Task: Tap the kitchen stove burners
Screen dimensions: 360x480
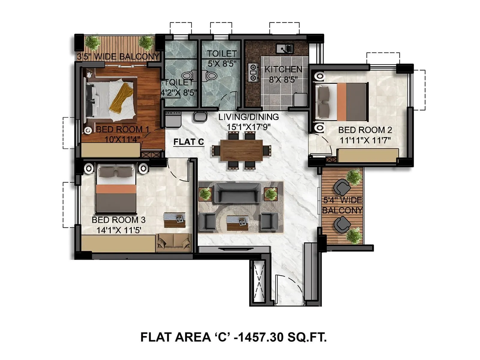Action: [x=253, y=72]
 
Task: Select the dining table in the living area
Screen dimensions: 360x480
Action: [x=241, y=150]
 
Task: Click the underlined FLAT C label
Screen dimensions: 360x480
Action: [x=189, y=142]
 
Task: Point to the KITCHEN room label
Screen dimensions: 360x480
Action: [x=283, y=69]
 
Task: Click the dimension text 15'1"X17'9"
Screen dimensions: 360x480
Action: [x=248, y=127]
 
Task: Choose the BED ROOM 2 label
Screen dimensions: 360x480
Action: [x=365, y=130]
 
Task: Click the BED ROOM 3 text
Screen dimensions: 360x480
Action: [x=118, y=220]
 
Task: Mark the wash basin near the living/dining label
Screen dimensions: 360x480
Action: [x=200, y=116]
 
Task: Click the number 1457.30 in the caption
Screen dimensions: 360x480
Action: [x=260, y=337]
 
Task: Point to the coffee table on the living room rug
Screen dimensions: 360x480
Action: [x=237, y=222]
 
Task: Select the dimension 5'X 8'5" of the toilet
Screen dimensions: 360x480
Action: [x=222, y=64]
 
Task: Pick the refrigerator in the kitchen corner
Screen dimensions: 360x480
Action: [x=300, y=100]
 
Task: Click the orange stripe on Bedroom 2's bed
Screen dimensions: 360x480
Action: [x=342, y=102]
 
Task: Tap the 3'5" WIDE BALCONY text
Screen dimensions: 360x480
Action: [x=118, y=56]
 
